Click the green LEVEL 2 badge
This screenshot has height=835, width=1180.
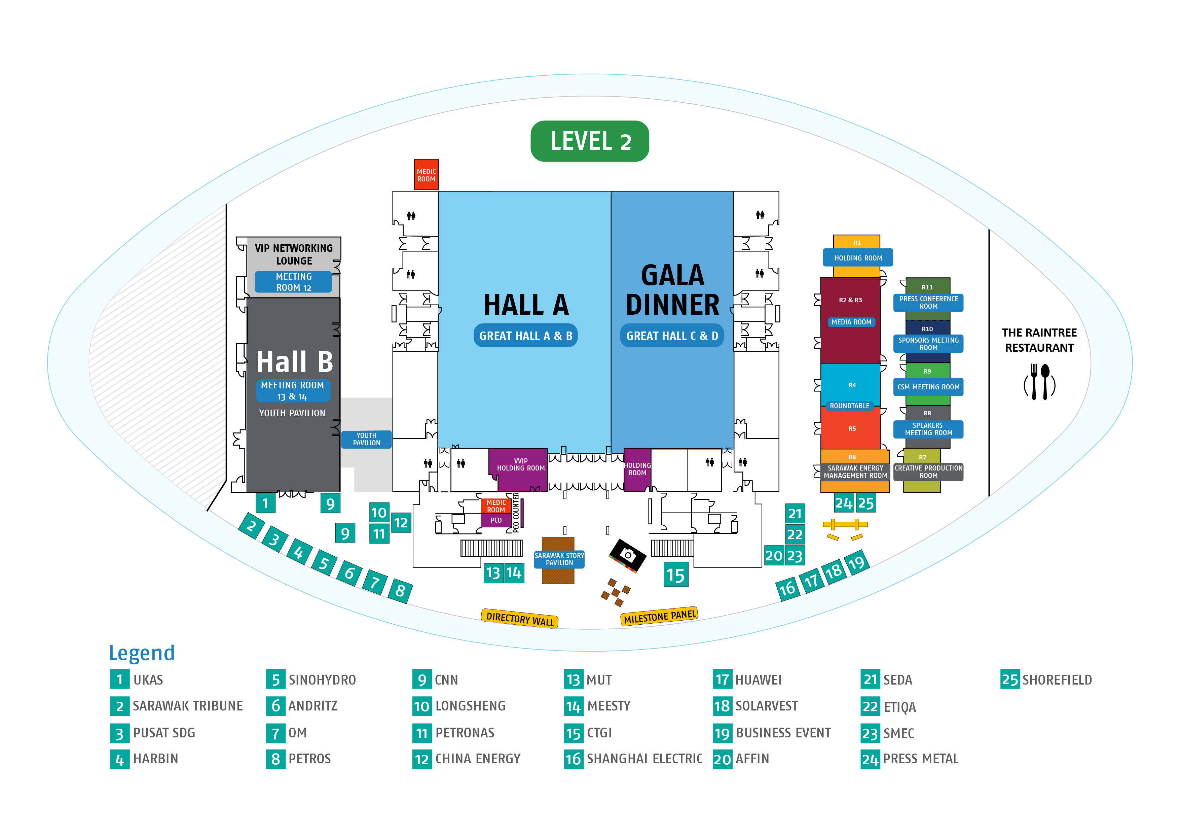pyautogui.click(x=589, y=141)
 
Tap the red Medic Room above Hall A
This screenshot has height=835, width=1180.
pyautogui.click(x=426, y=175)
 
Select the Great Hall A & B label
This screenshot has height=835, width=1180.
pyautogui.click(x=525, y=336)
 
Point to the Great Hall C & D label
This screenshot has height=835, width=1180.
pyautogui.click(x=672, y=336)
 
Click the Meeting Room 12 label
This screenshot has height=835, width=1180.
pyautogui.click(x=293, y=282)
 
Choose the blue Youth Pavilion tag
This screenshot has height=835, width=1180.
pyautogui.click(x=366, y=439)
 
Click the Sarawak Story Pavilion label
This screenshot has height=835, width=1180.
pyautogui.click(x=559, y=559)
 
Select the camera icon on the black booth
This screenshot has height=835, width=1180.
pyautogui.click(x=628, y=555)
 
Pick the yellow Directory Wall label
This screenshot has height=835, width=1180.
pyautogui.click(x=520, y=618)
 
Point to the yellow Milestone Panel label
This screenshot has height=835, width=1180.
pyautogui.click(x=660, y=616)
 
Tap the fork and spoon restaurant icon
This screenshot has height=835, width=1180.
pyautogui.click(x=1039, y=382)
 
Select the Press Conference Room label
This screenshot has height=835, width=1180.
pyautogui.click(x=928, y=302)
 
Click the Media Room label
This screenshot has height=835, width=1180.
pyautogui.click(x=851, y=322)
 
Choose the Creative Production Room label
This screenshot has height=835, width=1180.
pyautogui.click(x=928, y=472)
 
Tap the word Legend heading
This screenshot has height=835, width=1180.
pyautogui.click(x=142, y=653)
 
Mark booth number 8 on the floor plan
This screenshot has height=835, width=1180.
pyautogui.click(x=400, y=591)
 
